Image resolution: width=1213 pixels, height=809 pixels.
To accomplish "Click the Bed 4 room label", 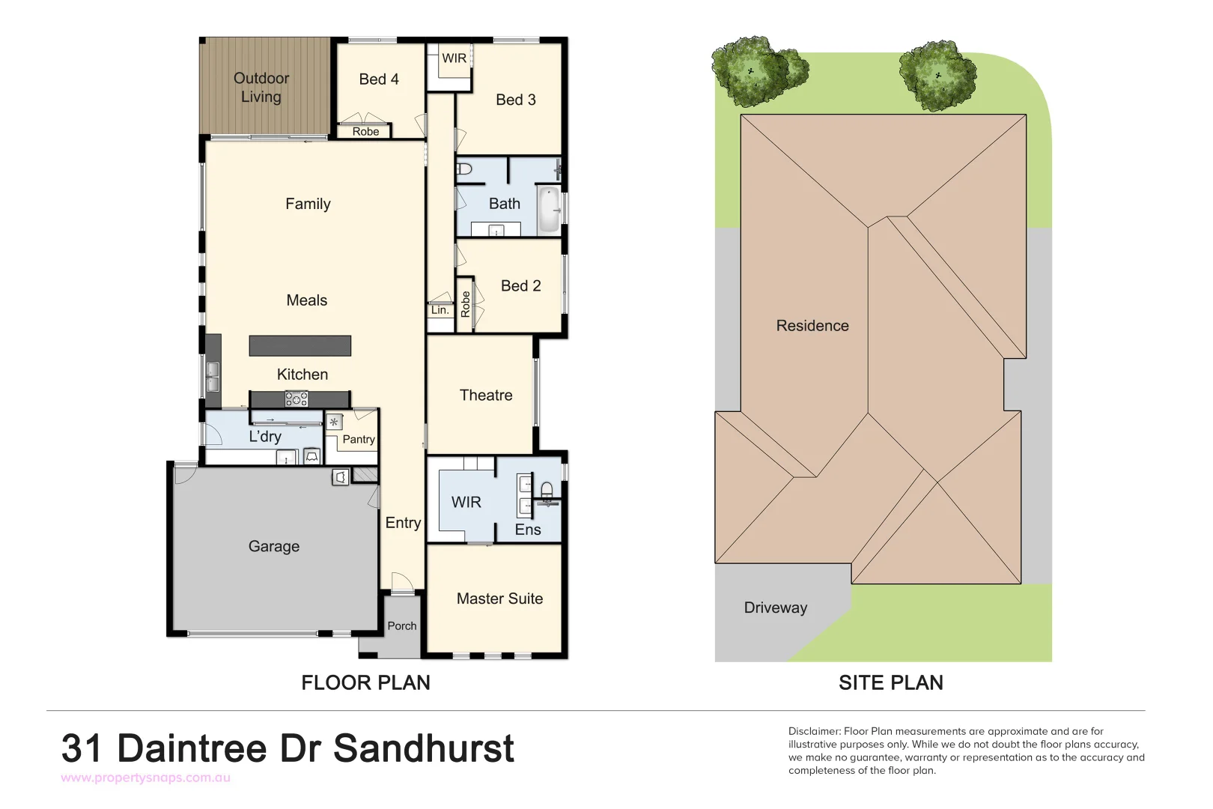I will coord(378,79).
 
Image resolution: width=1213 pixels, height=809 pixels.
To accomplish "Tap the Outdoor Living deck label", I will coord(261,88).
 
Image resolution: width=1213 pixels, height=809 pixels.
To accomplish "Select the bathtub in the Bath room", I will coord(549,210).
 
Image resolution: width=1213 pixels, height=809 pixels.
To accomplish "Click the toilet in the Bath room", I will coord(464,169).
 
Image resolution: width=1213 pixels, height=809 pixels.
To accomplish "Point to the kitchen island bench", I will coord(300,345).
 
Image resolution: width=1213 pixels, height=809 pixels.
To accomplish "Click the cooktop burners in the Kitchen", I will coord(297,399).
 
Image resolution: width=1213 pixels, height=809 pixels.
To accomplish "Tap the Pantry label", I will coord(358,440).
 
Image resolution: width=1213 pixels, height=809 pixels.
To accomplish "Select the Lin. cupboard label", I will coord(440,310).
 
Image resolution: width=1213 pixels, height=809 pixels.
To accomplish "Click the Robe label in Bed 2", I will coord(465,304).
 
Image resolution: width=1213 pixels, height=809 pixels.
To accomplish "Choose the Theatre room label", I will coord(486,396).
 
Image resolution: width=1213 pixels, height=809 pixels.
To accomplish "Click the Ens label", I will coord(527,530).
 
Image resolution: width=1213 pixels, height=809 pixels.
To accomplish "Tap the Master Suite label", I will coord(499,599).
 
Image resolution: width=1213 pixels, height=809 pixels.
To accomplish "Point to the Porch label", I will coord(401,626).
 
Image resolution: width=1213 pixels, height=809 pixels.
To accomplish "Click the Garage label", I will coord(273,547).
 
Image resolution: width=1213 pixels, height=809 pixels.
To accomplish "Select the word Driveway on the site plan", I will coord(775,607).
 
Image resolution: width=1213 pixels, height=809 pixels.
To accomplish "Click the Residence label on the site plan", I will coord(812,326).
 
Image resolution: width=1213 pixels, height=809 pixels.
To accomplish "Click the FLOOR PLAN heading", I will coord(365,682).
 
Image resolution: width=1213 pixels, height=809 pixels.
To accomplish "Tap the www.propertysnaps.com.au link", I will coord(145,778).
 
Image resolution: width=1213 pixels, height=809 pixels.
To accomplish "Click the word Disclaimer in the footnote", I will coord(814,731).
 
